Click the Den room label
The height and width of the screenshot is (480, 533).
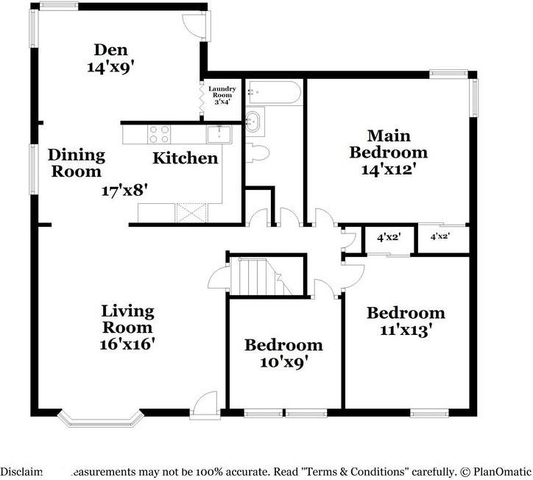click(110, 50)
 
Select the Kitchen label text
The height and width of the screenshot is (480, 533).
click(185, 158)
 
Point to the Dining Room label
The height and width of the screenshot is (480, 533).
click(77, 163)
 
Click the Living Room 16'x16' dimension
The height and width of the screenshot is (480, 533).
click(127, 343)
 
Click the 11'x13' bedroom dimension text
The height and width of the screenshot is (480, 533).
click(405, 331)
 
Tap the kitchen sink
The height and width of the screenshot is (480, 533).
click(219, 133)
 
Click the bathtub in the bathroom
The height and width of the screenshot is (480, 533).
click(273, 93)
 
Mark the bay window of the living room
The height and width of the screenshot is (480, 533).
click(99, 417)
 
